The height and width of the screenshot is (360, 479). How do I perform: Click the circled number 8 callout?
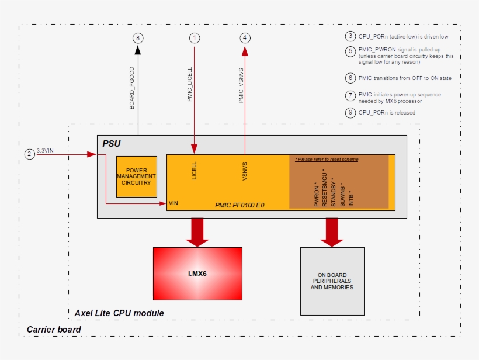(x=138, y=38)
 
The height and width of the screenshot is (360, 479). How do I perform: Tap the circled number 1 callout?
(x=195, y=38)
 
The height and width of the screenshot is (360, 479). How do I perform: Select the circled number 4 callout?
(x=245, y=38)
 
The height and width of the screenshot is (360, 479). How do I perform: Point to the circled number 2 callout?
(x=30, y=154)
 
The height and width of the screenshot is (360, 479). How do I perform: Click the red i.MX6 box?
(x=197, y=274)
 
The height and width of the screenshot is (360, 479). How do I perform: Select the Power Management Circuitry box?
(x=136, y=176)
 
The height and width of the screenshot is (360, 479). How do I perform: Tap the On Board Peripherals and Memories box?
(x=332, y=281)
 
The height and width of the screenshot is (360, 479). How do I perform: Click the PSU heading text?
(x=112, y=143)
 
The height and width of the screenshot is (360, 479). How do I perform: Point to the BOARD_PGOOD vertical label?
(x=132, y=88)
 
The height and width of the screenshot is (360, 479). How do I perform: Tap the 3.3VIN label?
(x=46, y=151)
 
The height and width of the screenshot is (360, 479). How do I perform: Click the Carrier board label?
(x=54, y=330)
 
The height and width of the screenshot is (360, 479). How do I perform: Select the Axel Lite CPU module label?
(x=119, y=313)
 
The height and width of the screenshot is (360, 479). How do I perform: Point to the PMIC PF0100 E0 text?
(x=239, y=206)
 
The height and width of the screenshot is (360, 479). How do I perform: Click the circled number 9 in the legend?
(x=350, y=112)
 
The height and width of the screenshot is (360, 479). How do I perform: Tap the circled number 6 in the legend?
(x=350, y=78)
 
